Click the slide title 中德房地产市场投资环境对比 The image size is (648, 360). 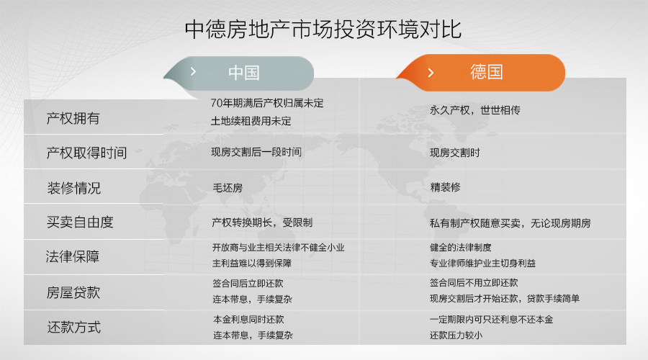[323, 30]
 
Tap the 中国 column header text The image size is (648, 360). [244, 73]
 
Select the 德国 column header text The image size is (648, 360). [487, 72]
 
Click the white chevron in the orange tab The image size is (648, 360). [431, 73]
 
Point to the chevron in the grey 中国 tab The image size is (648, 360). [193, 71]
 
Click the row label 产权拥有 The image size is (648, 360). [73, 119]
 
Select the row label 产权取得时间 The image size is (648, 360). [86, 153]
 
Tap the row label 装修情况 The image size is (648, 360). [74, 188]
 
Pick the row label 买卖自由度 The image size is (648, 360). [80, 222]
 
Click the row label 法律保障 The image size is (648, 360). [73, 256]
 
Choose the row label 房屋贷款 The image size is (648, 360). [73, 292]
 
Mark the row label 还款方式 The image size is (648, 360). [74, 328]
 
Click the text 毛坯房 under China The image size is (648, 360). [228, 188]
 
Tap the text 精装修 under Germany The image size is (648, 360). [446, 187]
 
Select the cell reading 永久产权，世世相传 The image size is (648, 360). [475, 110]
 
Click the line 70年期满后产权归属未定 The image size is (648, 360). [267, 103]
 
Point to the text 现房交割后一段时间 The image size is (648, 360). [256, 152]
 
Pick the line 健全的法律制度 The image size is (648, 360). [461, 248]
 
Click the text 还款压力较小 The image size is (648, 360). [456, 336]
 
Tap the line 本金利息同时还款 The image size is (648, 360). [249, 320]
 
